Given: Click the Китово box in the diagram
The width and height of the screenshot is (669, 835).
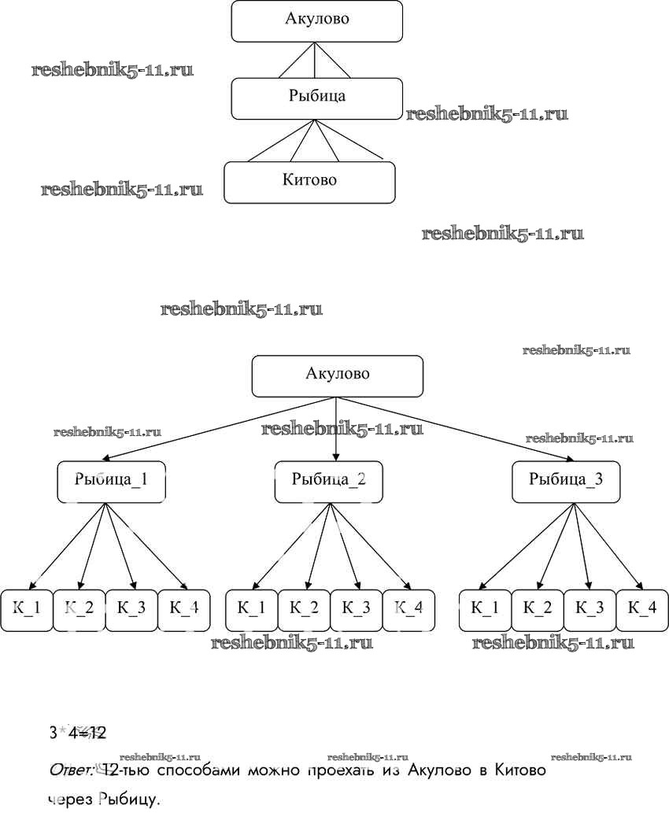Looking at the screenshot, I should pyautogui.click(x=309, y=182).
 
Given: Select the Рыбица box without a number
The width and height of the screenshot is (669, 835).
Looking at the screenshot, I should pyautogui.click(x=316, y=98).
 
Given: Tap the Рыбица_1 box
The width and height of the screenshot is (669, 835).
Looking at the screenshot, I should pyautogui.click(x=111, y=481).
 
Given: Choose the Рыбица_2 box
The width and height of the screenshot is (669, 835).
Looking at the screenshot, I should pyautogui.click(x=328, y=481).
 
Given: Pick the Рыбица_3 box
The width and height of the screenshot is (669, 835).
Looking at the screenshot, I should pyautogui.click(x=566, y=481).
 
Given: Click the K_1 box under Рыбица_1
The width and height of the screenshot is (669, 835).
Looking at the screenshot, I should pyautogui.click(x=27, y=609).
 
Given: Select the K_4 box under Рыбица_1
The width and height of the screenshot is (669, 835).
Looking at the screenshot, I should pyautogui.click(x=183, y=609).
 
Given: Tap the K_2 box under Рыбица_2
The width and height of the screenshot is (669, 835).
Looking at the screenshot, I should pyautogui.click(x=303, y=609).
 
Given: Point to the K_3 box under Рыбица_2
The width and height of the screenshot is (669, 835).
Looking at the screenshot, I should pyautogui.click(x=355, y=609).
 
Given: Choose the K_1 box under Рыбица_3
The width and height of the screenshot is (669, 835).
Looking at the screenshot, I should pyautogui.click(x=485, y=609).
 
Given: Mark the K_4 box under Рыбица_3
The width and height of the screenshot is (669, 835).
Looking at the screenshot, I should pyautogui.click(x=641, y=609).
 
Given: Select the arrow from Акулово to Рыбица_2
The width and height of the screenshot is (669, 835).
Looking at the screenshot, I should pyautogui.click(x=337, y=429).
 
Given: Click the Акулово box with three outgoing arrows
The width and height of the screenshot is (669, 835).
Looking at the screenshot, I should pyautogui.click(x=337, y=375).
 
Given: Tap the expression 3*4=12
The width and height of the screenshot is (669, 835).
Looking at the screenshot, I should pyautogui.click(x=77, y=733).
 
